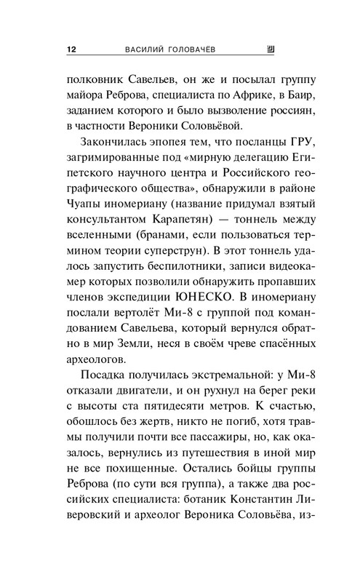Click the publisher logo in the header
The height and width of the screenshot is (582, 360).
point(271,49)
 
